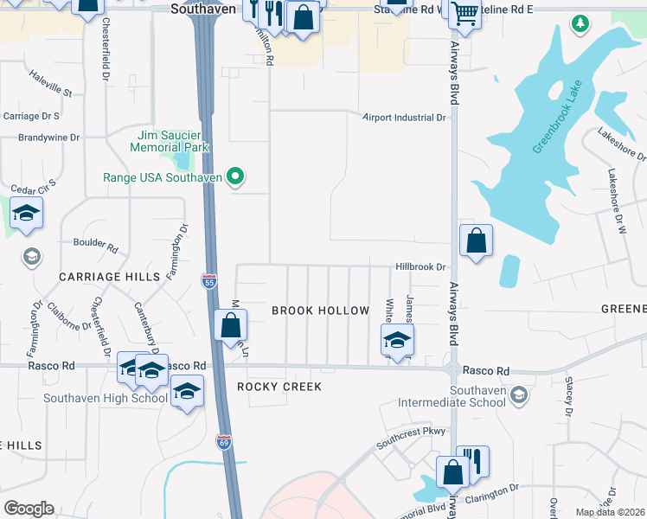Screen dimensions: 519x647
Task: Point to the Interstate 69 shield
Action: tap(222, 442)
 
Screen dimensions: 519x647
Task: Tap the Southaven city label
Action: tap(202, 10)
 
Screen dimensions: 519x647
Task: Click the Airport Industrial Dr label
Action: tap(404, 118)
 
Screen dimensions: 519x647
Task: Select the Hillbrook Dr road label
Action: tap(420, 268)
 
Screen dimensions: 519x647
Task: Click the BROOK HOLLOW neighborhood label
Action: tap(321, 311)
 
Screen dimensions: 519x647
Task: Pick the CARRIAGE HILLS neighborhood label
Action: tap(110, 276)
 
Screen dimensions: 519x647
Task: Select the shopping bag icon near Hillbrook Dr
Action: tap(476, 241)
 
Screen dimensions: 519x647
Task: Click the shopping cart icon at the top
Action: tap(465, 15)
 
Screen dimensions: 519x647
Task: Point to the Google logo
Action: tap(29, 509)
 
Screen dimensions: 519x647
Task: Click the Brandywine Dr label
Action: tap(49, 138)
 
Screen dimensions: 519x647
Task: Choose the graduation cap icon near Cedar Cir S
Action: tap(27, 213)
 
